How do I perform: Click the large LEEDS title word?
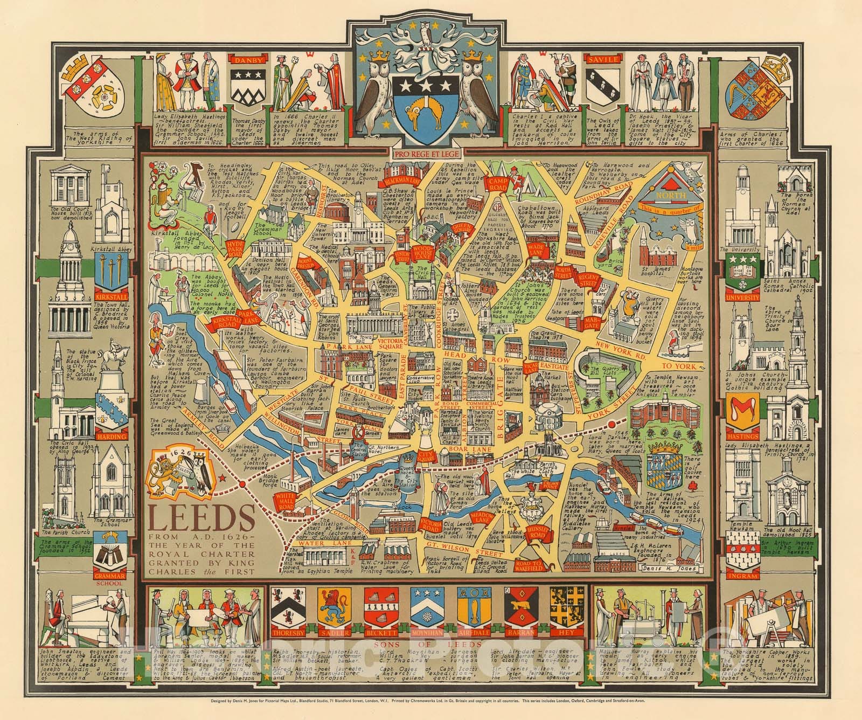click(x=196, y=521)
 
